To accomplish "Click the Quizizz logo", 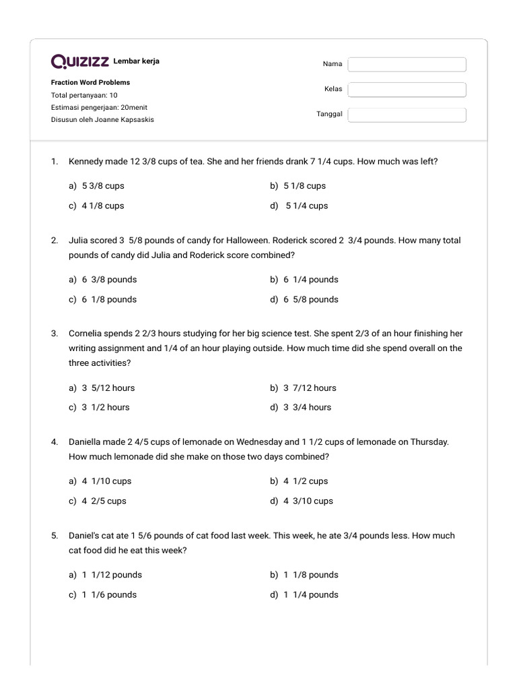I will point(80,62).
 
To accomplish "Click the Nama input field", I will point(407,64).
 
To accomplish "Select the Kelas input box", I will point(407,90).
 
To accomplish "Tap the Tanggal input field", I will point(407,115).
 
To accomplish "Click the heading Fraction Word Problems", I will point(90,82).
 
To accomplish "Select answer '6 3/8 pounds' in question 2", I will point(109,280).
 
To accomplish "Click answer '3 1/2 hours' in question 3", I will point(106,407).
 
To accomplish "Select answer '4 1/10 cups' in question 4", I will point(106,481).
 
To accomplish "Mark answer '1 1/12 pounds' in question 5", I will point(112,575).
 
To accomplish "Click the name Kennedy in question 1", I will point(86,162).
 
